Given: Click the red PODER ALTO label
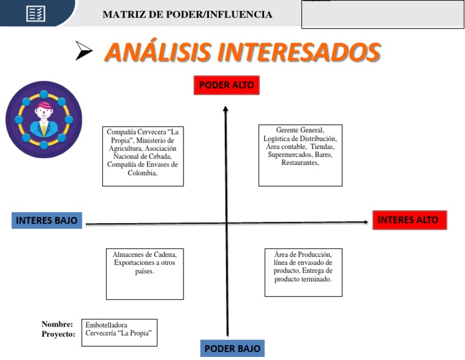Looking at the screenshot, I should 226,85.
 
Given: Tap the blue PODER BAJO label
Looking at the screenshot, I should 232,348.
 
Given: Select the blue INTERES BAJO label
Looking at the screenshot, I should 47,220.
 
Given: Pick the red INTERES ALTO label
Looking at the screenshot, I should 409,220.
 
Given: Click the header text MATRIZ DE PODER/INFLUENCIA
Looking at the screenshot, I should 187,15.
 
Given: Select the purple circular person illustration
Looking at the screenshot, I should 44,119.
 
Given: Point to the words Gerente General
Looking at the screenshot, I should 300,130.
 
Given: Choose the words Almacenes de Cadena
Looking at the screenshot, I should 144,255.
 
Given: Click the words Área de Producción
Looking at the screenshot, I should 303,255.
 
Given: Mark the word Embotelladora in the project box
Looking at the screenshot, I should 107,325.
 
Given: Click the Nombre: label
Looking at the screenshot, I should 58,324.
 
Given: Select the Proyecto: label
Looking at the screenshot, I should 58,334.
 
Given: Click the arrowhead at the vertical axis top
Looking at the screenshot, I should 226,108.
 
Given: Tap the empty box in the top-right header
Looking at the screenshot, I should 383,15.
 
